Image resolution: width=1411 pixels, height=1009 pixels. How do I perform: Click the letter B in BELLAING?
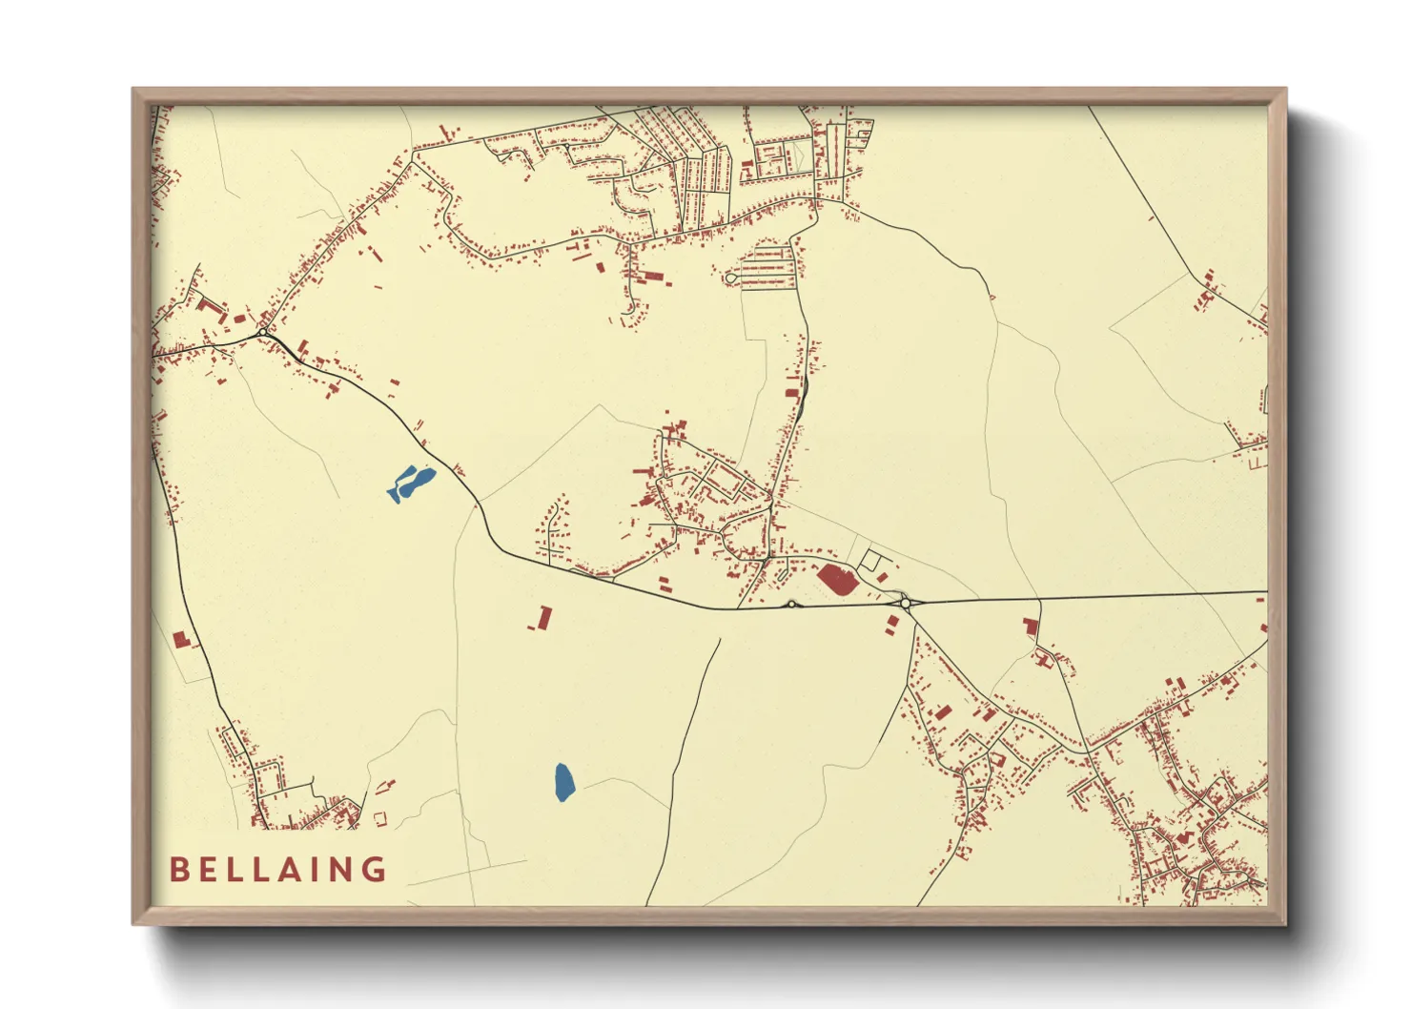[178, 870]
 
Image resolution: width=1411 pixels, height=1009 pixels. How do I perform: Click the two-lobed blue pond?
[411, 483]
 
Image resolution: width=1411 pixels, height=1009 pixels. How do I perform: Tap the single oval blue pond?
[564, 782]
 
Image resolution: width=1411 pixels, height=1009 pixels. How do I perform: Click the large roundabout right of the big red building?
[905, 603]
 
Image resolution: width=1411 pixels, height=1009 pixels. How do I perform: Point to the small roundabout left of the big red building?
[791, 604]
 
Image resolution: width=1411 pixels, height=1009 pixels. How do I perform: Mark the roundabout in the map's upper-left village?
[263, 332]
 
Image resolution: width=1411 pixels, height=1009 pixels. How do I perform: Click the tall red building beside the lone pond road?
[544, 618]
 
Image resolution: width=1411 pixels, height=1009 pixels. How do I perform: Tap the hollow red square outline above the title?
[380, 817]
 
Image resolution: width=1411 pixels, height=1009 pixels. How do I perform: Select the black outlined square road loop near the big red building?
[871, 561]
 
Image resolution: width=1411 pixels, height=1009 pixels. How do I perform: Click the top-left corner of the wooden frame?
[133, 90]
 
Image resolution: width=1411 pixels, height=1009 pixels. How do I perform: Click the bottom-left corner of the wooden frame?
[133, 924]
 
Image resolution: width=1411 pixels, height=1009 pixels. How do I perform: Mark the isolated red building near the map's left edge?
[181, 639]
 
